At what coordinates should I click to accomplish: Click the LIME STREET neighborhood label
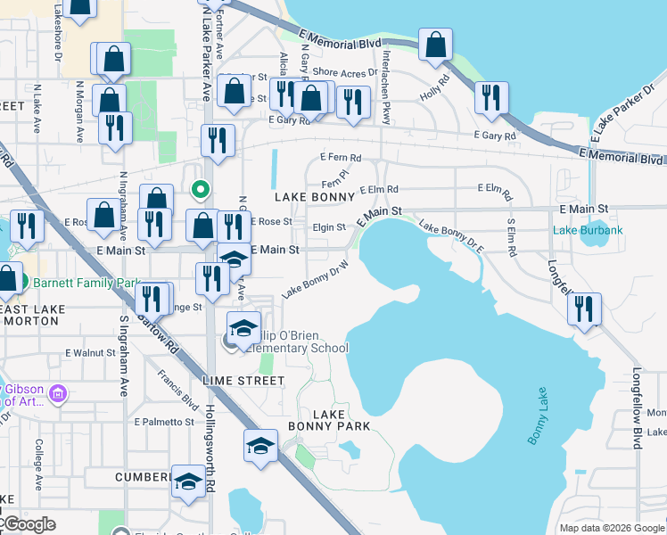click(243, 381)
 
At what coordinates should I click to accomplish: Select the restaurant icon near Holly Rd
click(491, 99)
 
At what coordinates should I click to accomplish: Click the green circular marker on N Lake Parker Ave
click(201, 188)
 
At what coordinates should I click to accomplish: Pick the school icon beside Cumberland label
click(187, 482)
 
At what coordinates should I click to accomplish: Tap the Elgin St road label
click(329, 227)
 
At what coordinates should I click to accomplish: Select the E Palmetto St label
click(163, 422)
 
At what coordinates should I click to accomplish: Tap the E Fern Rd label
click(340, 158)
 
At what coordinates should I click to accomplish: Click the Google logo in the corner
click(29, 525)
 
